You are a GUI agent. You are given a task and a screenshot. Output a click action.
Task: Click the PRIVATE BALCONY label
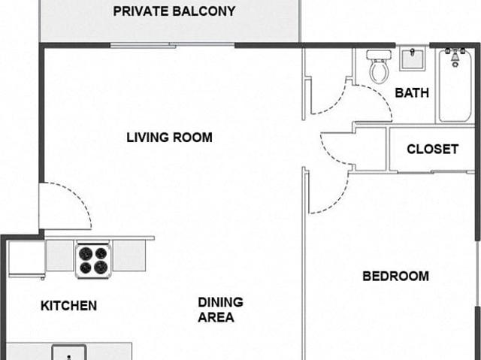click(174, 11)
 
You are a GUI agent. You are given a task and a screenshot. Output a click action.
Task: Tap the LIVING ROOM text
click(169, 138)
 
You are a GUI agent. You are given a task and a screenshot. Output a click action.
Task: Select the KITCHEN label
click(68, 306)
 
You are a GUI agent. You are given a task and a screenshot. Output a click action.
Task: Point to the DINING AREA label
click(220, 310)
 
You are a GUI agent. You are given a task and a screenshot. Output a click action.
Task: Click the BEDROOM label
click(396, 277)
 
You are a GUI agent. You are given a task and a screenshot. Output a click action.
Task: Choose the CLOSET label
click(433, 150)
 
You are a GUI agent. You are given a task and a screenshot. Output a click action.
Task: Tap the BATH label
click(412, 93)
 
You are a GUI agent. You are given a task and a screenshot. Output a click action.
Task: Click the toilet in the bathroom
click(379, 67)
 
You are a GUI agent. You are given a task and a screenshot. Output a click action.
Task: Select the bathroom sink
click(413, 59)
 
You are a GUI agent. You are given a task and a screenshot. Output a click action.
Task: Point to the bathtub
click(455, 86)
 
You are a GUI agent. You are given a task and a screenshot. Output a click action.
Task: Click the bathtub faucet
click(455, 56)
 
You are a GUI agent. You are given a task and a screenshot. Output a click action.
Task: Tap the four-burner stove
click(93, 259)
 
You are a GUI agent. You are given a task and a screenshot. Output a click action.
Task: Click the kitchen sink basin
click(69, 352)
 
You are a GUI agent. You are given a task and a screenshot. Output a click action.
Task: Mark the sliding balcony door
click(172, 46)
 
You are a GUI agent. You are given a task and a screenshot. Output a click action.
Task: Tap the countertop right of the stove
click(129, 256)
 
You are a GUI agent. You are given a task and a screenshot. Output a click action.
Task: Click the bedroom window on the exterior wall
click(478, 273)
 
